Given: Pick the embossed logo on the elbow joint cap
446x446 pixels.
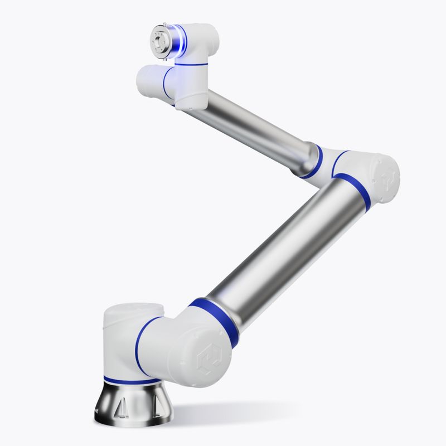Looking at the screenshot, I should [388, 180].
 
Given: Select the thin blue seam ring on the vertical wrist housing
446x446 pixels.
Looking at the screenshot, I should [190, 64].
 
